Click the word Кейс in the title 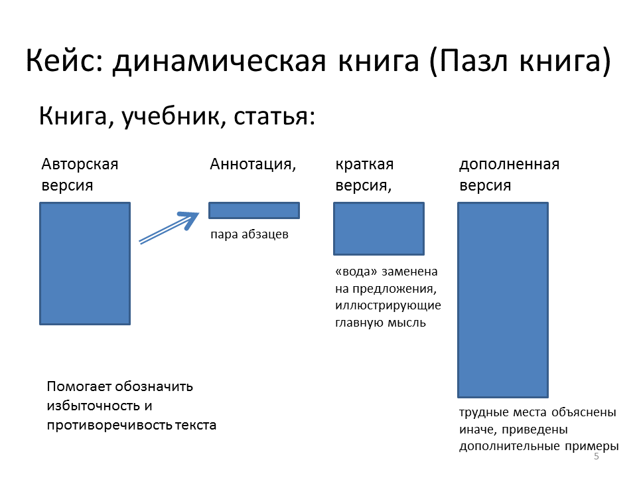coord(64,60)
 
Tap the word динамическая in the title coord(220,62)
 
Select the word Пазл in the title coord(474,60)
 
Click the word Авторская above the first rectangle coord(80,164)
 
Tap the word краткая coord(364,165)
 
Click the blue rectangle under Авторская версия coord(85,264)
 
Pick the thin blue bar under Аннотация coord(254,210)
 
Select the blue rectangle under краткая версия coord(379,228)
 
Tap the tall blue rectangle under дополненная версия coord(503,300)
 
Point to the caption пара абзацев coord(249,234)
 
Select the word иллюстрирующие coord(388,305)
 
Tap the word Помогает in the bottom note coord(79,386)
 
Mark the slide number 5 coord(597,456)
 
